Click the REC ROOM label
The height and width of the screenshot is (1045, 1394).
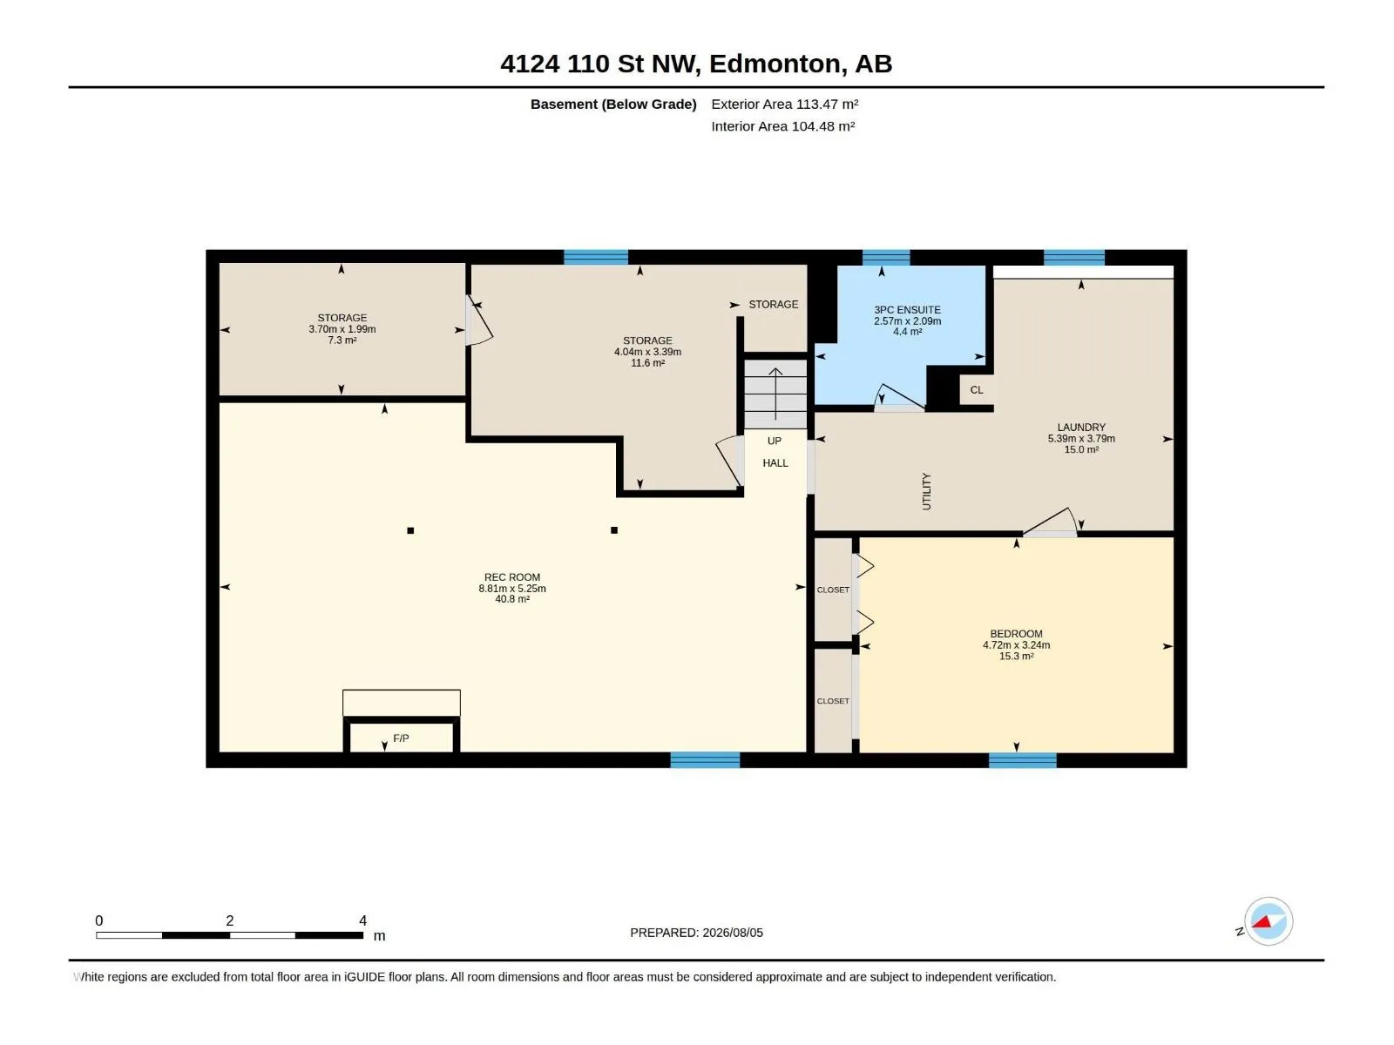click(512, 577)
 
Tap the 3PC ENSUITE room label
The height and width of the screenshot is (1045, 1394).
click(907, 310)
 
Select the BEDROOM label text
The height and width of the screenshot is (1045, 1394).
click(1016, 634)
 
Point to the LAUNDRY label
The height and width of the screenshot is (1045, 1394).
click(1081, 428)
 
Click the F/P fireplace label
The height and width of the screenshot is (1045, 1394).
click(401, 738)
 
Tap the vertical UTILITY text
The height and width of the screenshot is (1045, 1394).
click(926, 491)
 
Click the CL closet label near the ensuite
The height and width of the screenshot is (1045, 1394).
click(976, 389)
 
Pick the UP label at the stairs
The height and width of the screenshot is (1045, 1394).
click(775, 441)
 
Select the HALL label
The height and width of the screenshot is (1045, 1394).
click(775, 463)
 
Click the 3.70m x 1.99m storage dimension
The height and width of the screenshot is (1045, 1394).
click(342, 329)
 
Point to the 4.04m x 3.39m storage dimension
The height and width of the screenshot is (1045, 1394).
click(647, 352)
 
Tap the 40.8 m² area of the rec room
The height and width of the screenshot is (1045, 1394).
click(512, 600)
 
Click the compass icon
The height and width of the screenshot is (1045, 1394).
click(1269, 921)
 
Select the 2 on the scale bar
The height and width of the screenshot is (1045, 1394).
click(229, 920)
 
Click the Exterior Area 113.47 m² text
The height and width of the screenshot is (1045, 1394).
click(784, 104)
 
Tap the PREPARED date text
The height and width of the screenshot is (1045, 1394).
click(696, 933)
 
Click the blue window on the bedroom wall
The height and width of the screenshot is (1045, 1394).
click(1023, 759)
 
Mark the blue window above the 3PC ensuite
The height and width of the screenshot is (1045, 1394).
click(886, 258)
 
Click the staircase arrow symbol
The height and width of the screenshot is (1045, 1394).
click(775, 394)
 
